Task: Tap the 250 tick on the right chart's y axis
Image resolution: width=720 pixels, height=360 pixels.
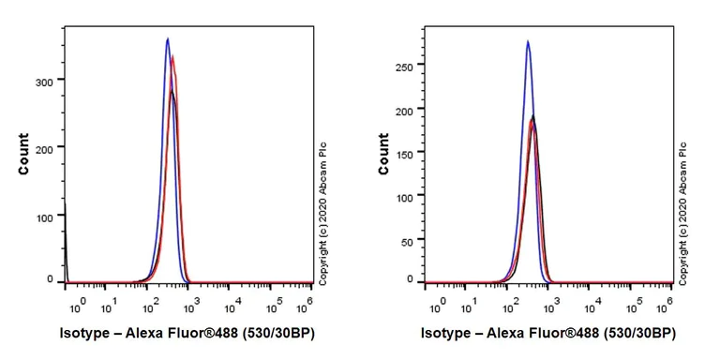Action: coord(405,67)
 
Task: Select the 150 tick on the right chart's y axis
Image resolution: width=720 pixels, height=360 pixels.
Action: coord(405,152)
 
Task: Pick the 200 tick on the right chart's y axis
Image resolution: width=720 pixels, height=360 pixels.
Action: coord(405,112)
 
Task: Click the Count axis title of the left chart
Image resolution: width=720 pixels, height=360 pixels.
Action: coord(23,155)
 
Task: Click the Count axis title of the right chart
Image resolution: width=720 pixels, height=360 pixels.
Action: coord(384,154)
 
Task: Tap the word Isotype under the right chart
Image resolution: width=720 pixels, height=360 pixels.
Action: coord(445,333)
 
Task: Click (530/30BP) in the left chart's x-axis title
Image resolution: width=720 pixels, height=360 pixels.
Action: coord(272,333)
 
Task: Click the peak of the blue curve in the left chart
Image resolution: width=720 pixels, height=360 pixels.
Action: coord(167,39)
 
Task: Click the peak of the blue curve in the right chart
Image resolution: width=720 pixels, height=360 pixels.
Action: coord(528,41)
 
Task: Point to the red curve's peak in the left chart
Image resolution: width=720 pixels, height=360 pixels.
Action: coord(173,56)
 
